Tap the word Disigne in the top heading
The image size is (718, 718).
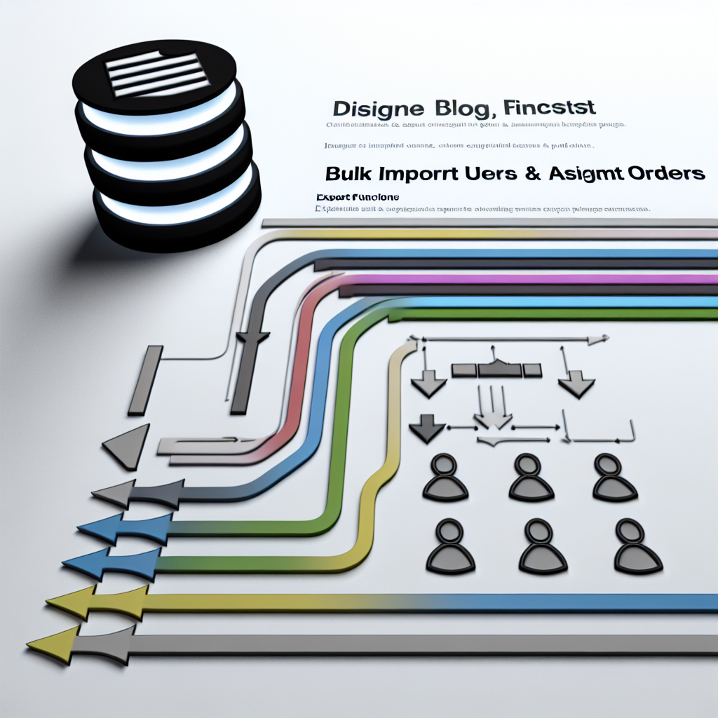click(377, 109)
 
